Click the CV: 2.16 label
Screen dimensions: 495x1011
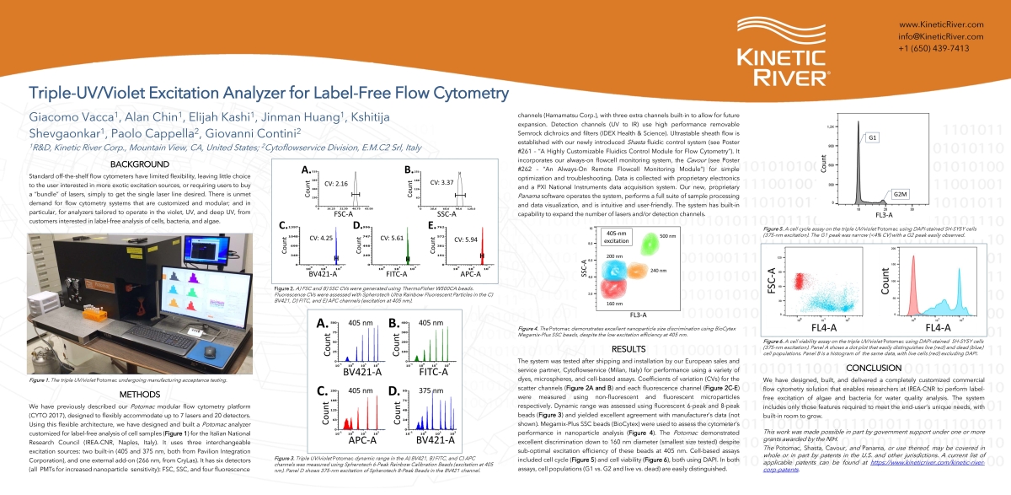tap(324, 183)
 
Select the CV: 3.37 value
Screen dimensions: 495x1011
tap(442, 182)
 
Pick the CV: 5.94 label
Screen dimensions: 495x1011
tap(466, 239)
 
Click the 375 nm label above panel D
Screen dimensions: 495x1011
tap(431, 390)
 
